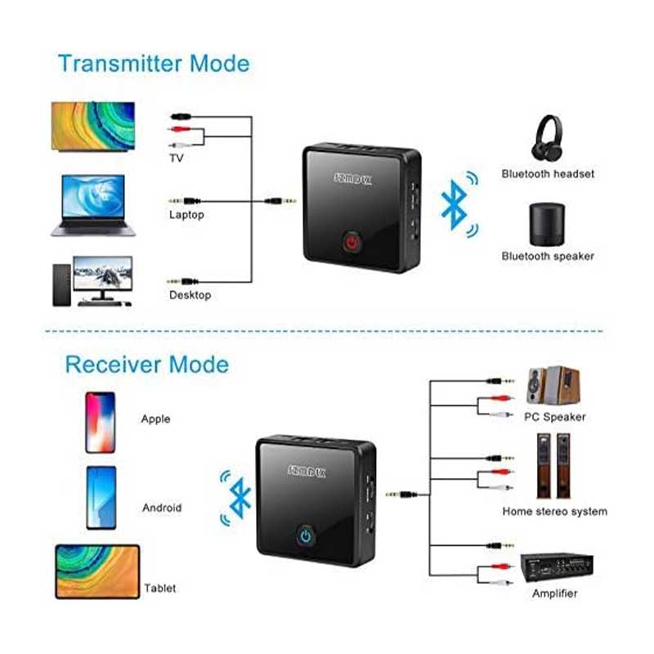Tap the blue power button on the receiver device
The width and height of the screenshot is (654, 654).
coord(306,536)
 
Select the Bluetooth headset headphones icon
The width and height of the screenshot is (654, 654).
coord(547,137)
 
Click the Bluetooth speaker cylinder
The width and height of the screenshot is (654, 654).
coord(547,224)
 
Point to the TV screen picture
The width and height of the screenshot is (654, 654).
coord(93,126)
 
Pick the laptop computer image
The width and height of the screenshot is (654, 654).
coord(93,205)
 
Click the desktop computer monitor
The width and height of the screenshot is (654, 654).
coord(103,277)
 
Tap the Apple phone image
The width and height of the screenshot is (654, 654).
coord(100,423)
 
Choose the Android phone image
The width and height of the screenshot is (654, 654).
coord(101,498)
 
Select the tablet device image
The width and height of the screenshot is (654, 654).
coord(97,571)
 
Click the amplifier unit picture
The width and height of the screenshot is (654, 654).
coord(557,567)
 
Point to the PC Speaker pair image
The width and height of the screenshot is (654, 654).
coord(553,385)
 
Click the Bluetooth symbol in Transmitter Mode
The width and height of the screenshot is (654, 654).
coord(455,205)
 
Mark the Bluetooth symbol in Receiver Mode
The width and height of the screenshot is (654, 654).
coord(240,498)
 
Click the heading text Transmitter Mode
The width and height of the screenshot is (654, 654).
coord(154,64)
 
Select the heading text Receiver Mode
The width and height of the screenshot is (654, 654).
coord(147,365)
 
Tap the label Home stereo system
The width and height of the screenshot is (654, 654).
coord(555,512)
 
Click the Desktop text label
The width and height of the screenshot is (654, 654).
coord(190,295)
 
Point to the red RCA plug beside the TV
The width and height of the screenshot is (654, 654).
coord(179,129)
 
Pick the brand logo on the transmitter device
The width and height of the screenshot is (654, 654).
coord(352,179)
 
